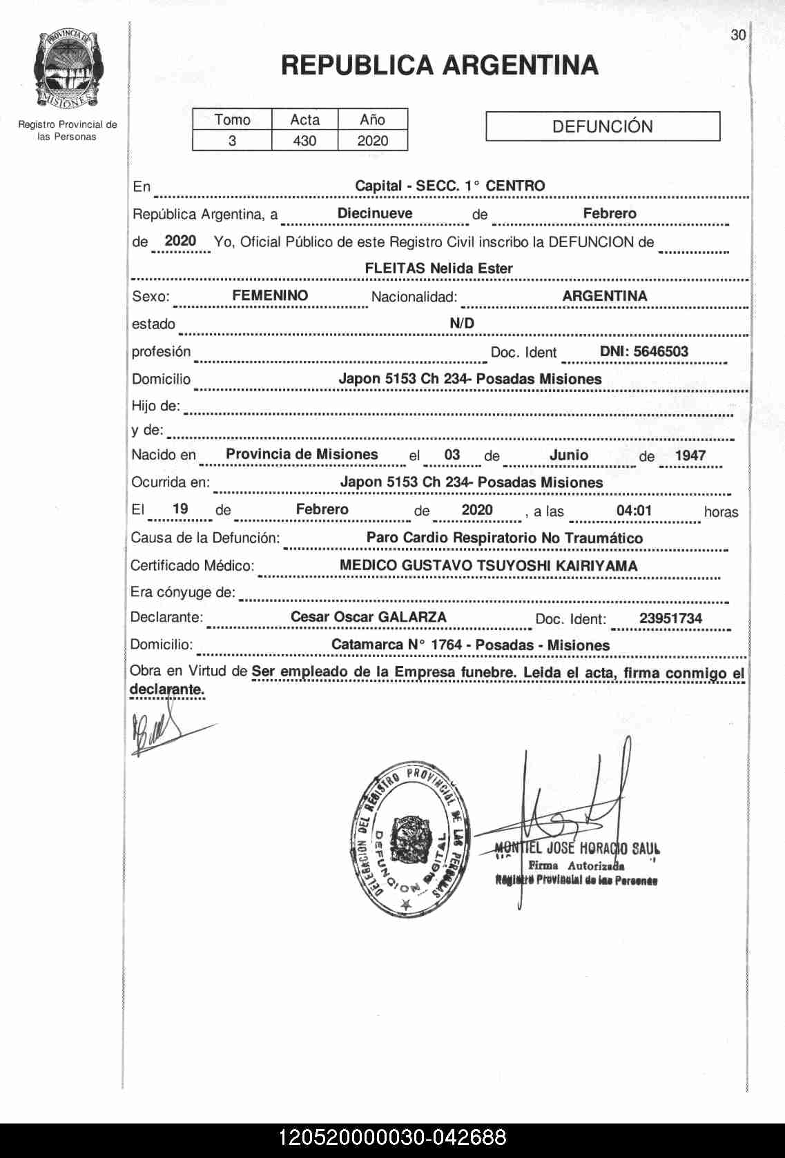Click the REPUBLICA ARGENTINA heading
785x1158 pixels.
pos(439,66)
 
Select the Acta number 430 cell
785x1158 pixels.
pos(304,141)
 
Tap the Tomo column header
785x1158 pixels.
pos(232,119)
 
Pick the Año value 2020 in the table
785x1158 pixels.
pos(372,141)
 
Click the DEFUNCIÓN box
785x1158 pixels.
pos(602,126)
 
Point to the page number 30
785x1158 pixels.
pos(738,35)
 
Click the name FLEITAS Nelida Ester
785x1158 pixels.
pos(438,268)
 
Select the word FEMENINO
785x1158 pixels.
pos(270,295)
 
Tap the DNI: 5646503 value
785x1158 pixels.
pos(643,351)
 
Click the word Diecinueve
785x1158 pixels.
pos(375,213)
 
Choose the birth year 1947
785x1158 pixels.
pos(690,455)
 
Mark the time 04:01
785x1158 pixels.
pos(634,511)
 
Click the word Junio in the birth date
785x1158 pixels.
pos(569,455)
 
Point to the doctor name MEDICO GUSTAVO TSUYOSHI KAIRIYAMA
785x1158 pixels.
pos(488,565)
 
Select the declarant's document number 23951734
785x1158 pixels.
pos(670,618)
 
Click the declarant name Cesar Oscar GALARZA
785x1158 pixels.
pos(368,617)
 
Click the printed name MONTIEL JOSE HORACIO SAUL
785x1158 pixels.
pos(577,848)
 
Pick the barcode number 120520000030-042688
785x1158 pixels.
pos(392,1137)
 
